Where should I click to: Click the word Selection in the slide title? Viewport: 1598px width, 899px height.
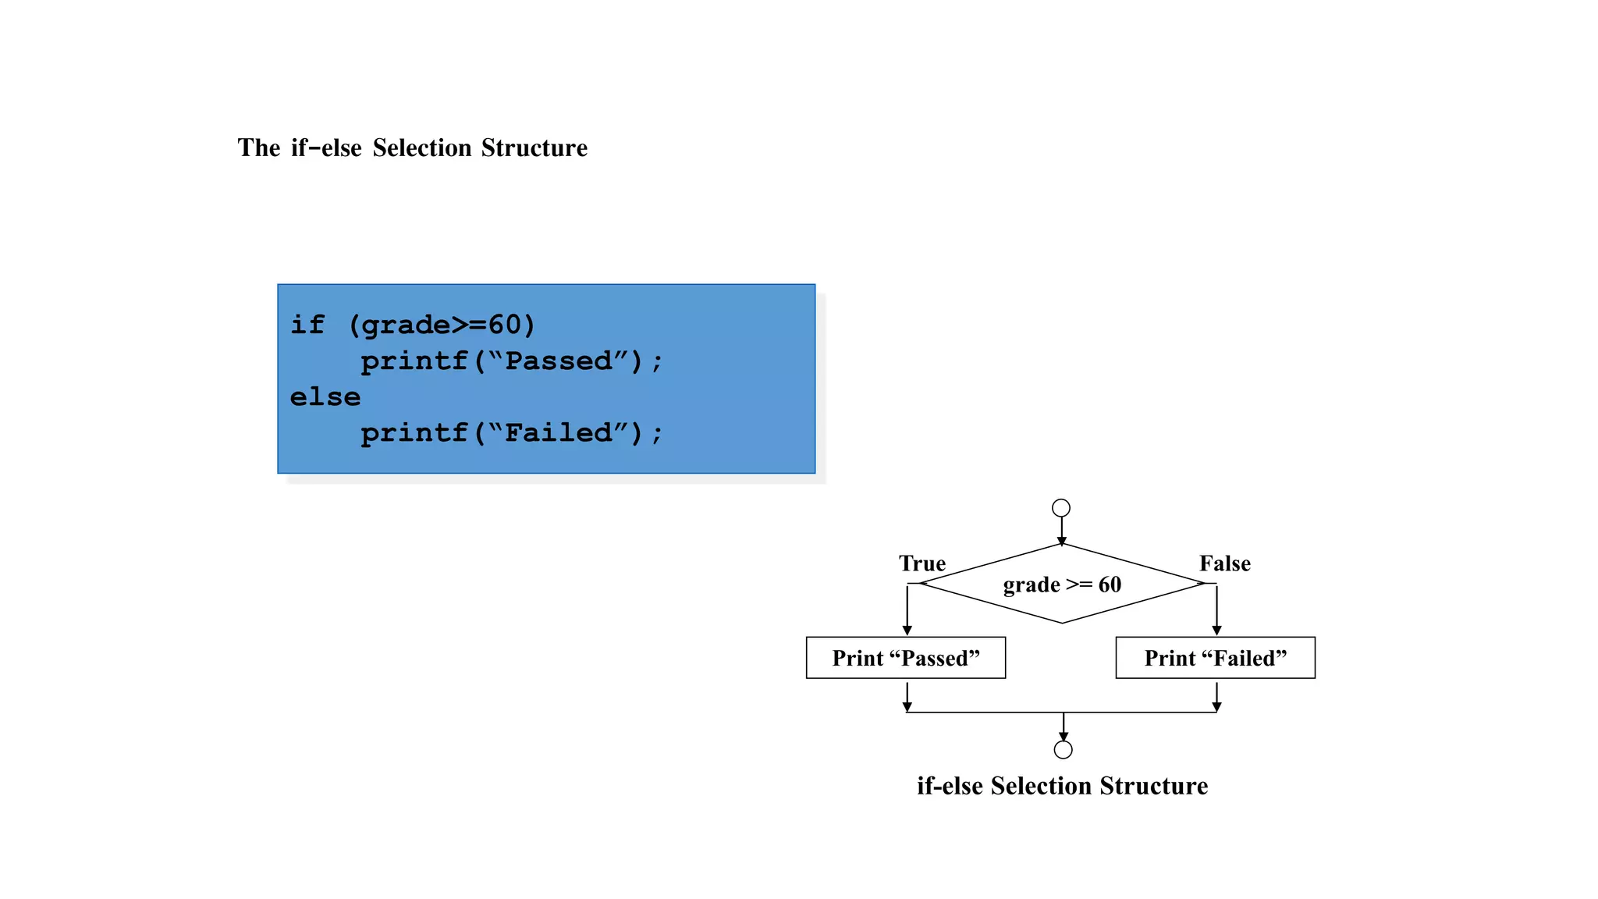(421, 147)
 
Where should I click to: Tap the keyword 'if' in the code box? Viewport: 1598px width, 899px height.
(307, 324)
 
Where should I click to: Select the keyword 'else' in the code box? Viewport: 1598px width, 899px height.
(325, 396)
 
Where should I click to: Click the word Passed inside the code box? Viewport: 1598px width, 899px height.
(559, 361)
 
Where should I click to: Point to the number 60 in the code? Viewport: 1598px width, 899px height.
(504, 324)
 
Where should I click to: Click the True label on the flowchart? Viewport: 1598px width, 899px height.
(922, 563)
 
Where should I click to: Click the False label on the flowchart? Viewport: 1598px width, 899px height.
(1224, 563)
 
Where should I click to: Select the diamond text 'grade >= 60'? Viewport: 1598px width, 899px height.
(1061, 585)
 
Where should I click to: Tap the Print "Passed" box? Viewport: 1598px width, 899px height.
(905, 658)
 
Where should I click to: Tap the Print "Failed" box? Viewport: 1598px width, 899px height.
(1215, 658)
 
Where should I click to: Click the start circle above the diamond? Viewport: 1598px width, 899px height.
(1060, 508)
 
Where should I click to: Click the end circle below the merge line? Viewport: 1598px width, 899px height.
(1063, 749)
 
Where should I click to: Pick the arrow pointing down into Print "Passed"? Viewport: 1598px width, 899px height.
(907, 613)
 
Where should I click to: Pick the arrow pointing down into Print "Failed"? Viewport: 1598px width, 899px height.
(1216, 613)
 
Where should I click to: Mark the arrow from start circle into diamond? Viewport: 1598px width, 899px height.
(1061, 531)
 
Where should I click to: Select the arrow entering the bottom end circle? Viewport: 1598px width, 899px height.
(1063, 728)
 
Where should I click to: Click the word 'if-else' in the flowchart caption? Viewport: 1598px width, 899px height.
(950, 786)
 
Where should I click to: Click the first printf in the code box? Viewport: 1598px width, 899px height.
(414, 361)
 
